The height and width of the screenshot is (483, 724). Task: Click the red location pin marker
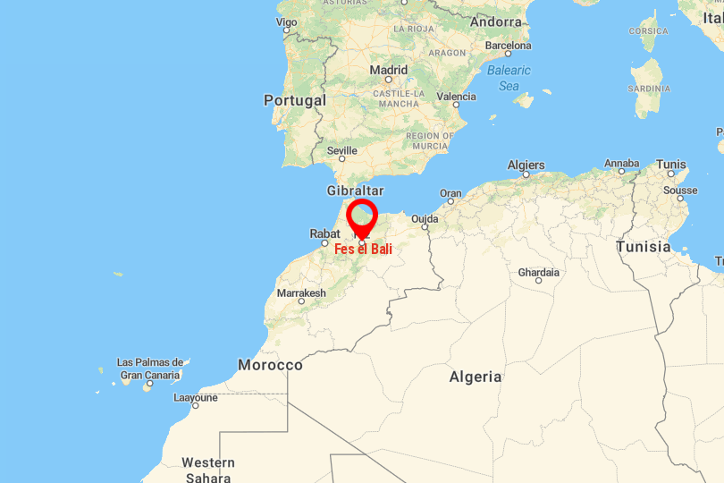[x=362, y=217]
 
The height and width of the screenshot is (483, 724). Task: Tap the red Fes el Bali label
[x=363, y=249]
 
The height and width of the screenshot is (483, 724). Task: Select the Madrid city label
[x=389, y=70]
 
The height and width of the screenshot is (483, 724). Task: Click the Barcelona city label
[x=508, y=46]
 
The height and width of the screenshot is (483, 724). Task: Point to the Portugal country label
[x=294, y=101]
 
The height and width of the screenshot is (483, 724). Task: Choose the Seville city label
[x=342, y=151]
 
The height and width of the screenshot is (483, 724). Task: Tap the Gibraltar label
[x=355, y=191]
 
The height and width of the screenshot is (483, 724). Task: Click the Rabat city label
[x=324, y=233]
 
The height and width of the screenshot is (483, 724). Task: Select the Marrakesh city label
[x=301, y=293]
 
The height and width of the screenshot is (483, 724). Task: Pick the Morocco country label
[x=270, y=365]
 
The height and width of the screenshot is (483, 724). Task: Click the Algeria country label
[x=476, y=377]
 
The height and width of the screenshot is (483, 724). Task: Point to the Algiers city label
[x=526, y=165]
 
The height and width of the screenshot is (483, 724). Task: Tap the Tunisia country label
[x=643, y=247]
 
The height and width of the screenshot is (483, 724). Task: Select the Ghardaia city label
[x=539, y=273]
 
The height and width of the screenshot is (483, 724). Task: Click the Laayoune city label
[x=196, y=398]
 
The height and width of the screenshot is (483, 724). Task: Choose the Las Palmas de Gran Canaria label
[x=150, y=369]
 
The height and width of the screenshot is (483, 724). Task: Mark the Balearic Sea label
[x=509, y=78]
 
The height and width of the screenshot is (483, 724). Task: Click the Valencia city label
[x=457, y=97]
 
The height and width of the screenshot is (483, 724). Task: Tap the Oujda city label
[x=425, y=219]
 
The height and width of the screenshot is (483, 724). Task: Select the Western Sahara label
[x=208, y=470]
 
